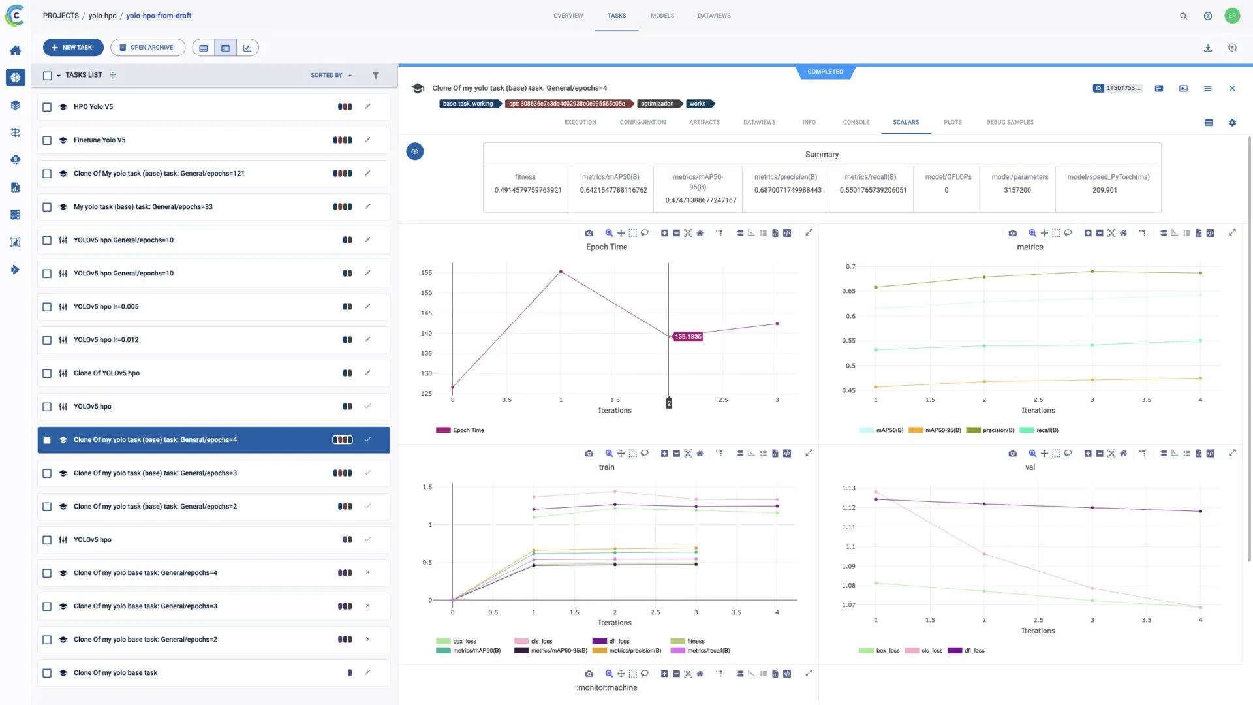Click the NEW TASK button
[72, 48]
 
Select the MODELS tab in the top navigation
[662, 16]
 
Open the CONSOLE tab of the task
[856, 123]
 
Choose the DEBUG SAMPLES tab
[1010, 123]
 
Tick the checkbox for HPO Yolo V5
[47, 107]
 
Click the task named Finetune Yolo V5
[100, 140]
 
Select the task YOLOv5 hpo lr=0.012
[106, 340]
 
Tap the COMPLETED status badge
[825, 72]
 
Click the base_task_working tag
[468, 104]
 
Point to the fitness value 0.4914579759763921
[527, 191]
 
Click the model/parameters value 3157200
[1017, 191]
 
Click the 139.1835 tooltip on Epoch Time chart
[688, 337]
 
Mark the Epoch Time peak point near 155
[561, 272]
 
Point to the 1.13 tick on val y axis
[848, 488]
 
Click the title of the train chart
[606, 467]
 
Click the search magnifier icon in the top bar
[1183, 16]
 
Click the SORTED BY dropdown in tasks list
[331, 76]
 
